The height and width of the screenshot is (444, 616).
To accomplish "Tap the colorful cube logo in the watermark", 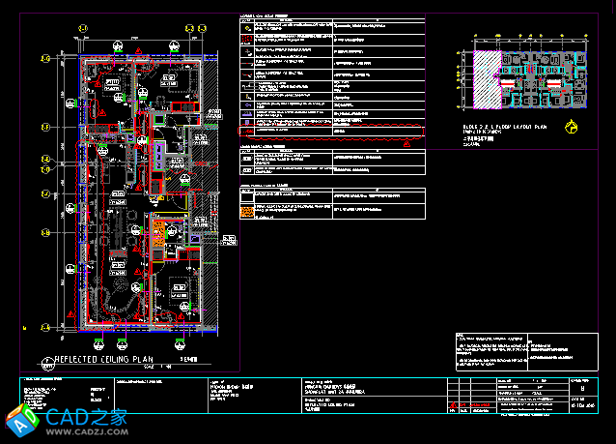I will [x=21, y=420].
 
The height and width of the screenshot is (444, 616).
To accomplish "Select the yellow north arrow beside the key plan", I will [x=573, y=125].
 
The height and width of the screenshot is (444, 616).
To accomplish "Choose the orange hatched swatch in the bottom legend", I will [x=247, y=209].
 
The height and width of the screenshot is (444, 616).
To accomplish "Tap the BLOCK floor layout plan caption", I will [x=502, y=128].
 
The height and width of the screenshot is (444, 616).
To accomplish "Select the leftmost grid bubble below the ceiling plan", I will [x=99, y=340].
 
